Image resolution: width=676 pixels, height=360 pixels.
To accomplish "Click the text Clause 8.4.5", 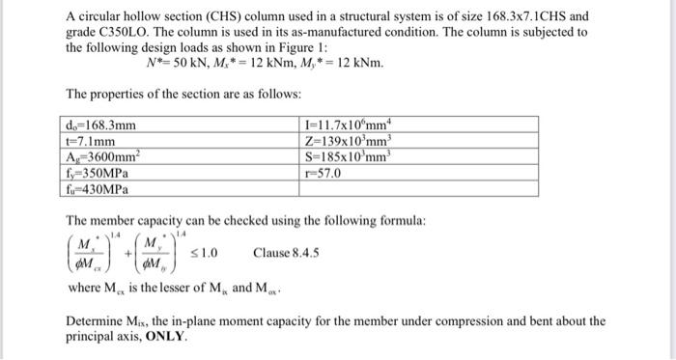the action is point(287,254).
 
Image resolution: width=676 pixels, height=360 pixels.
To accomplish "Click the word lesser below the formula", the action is point(159,288).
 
